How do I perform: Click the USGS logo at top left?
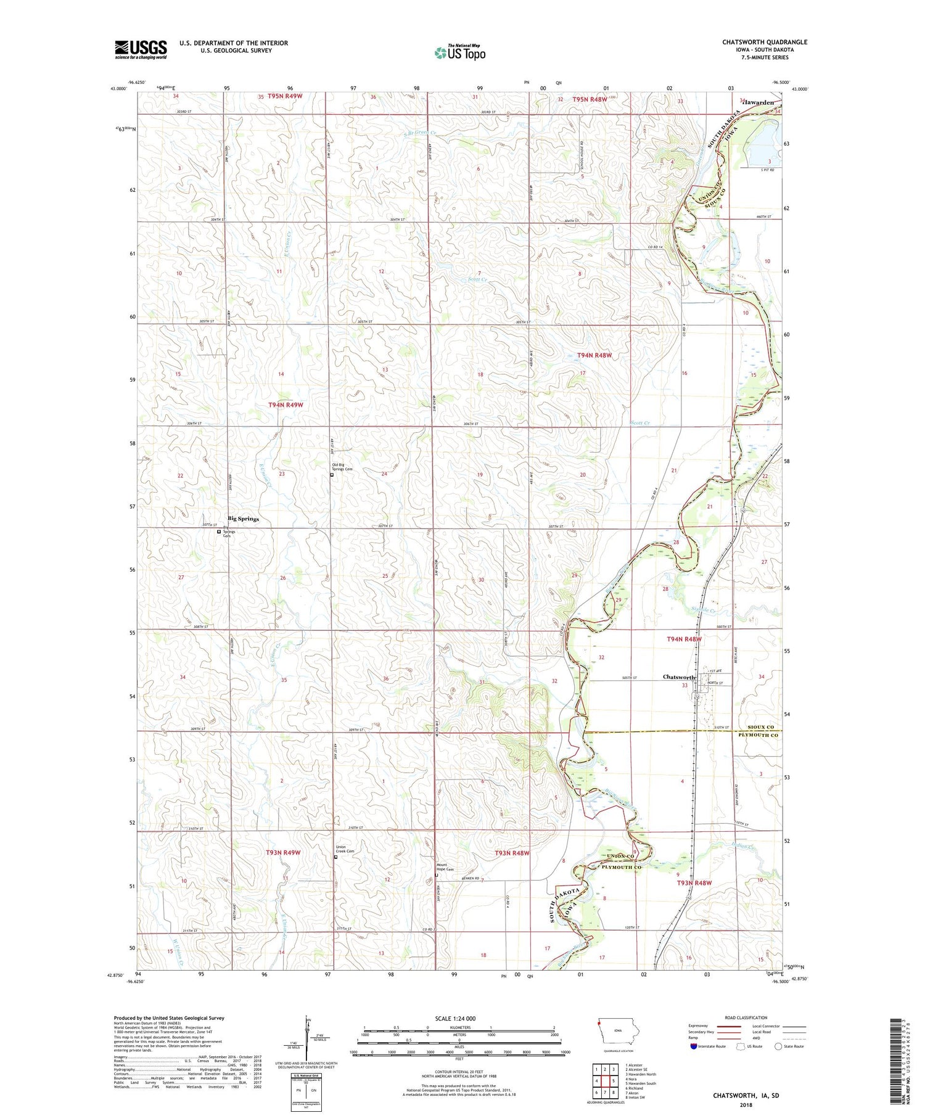coord(141,49)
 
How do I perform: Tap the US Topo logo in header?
coord(459,53)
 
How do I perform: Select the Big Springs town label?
coord(243,519)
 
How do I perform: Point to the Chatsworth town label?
coord(678,677)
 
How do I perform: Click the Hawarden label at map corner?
coord(758,102)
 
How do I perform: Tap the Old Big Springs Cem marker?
coord(332,475)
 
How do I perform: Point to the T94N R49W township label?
coord(286,405)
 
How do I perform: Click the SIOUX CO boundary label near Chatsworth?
coord(761,727)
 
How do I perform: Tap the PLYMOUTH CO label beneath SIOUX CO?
coord(757,736)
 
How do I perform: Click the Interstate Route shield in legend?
coord(694,1046)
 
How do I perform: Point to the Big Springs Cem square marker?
coord(219,531)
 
